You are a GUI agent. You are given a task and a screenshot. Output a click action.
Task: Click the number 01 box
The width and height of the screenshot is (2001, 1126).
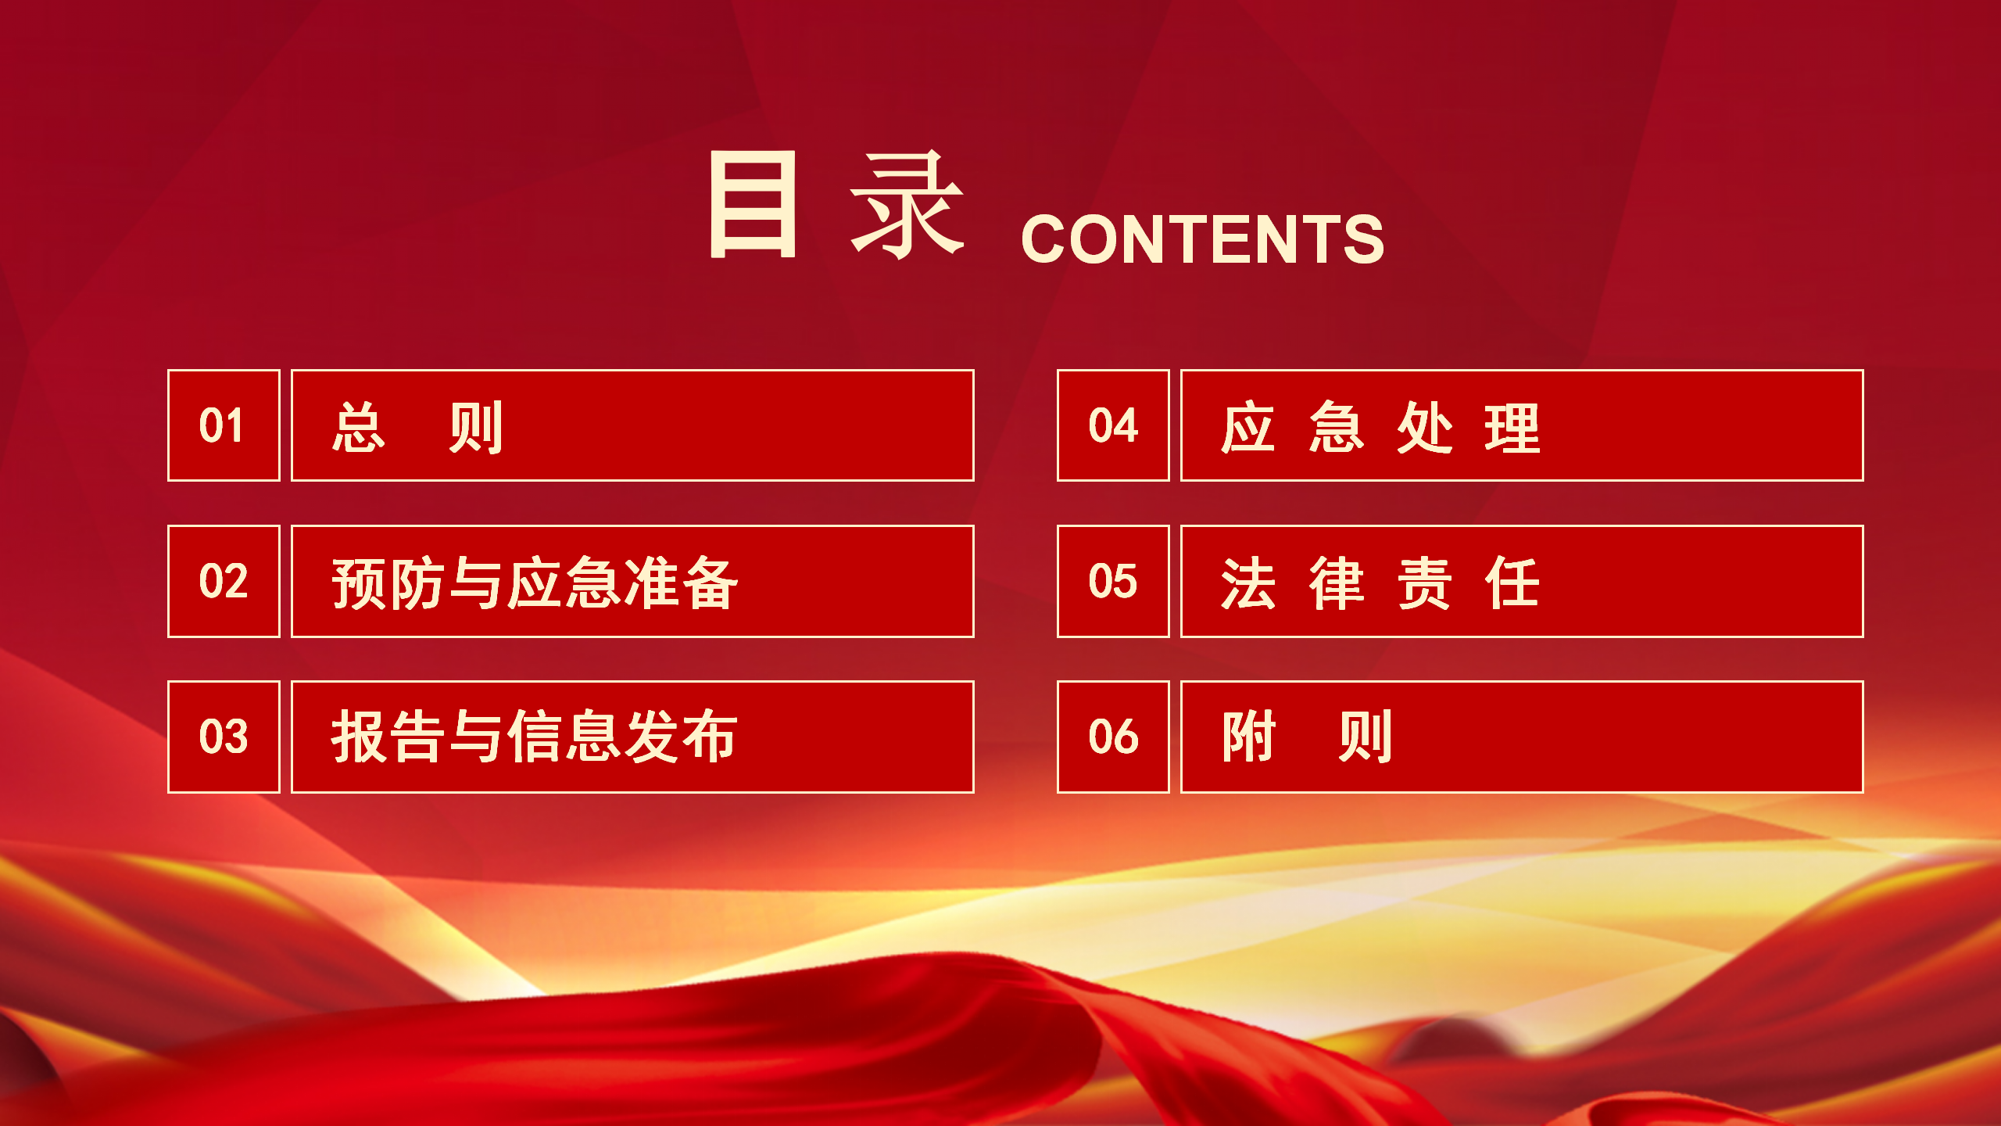[x=224, y=425]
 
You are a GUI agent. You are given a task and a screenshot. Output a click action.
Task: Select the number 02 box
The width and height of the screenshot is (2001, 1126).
[x=224, y=581]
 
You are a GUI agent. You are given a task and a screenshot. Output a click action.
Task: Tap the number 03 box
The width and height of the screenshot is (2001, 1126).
[x=224, y=737]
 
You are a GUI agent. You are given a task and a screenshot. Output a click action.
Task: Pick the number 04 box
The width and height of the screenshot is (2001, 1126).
[x=1113, y=425]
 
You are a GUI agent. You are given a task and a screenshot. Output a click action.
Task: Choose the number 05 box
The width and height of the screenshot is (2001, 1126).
[x=1113, y=581]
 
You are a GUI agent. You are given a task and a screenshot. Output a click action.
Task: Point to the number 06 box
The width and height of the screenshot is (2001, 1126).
[x=1113, y=737]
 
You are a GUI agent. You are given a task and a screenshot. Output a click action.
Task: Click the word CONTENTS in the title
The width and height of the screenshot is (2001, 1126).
[x=1202, y=239]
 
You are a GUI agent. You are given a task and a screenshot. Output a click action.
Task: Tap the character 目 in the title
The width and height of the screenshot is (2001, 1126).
[x=753, y=204]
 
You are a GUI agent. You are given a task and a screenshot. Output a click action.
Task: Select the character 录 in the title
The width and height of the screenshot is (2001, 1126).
[x=907, y=204]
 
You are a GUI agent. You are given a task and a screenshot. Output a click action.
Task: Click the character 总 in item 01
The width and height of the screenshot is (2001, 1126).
[x=359, y=427]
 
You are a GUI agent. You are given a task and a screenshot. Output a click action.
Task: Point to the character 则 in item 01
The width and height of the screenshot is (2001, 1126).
[x=475, y=427]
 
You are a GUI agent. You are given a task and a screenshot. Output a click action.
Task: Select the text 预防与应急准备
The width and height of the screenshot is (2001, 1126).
[x=535, y=583]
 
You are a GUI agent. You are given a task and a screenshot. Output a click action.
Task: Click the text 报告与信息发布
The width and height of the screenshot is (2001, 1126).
[x=535, y=737]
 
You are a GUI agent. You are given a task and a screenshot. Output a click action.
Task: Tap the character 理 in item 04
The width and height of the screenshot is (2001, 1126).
[x=1512, y=427]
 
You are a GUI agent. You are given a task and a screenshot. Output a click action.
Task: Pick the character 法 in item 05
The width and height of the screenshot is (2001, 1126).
[x=1248, y=583]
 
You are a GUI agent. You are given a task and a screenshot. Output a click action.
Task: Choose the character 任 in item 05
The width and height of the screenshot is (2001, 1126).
[x=1512, y=583]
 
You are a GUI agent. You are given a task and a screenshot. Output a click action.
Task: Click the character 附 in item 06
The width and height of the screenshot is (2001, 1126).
[x=1248, y=737]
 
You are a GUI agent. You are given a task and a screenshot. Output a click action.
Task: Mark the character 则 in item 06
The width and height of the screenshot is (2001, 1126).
[x=1365, y=737]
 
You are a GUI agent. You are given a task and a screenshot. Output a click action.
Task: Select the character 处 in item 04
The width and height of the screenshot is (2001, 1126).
[x=1424, y=427]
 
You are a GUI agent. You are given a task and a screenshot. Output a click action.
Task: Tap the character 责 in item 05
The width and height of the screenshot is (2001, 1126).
[x=1424, y=583]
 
